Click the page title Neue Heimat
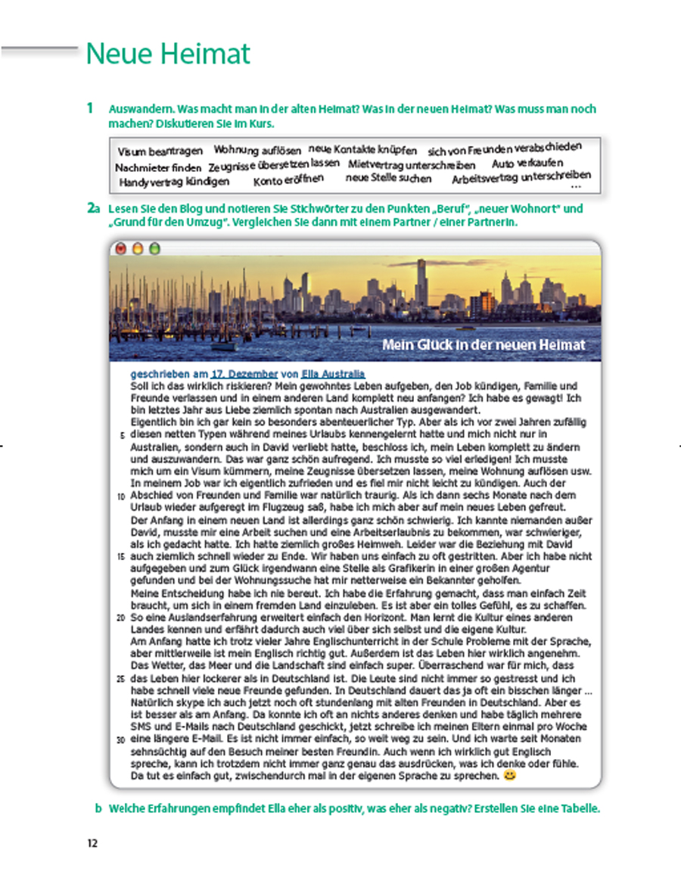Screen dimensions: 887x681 tap(167, 54)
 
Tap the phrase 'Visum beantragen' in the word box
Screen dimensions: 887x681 tap(160, 151)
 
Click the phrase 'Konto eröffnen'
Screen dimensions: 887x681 tap(288, 180)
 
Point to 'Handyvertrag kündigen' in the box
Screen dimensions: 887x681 tap(174, 182)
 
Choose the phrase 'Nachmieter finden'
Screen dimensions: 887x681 tap(158, 167)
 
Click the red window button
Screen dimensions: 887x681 tap(121, 247)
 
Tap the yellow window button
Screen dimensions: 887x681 tap(138, 247)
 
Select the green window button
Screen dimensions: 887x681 tap(154, 247)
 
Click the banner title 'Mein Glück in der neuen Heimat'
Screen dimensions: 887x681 tap(484, 345)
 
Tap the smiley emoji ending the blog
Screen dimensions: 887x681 tap(509, 777)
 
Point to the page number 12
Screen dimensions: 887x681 tap(92, 842)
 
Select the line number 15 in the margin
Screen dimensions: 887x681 tap(121, 557)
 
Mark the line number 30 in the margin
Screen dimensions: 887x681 tap(121, 739)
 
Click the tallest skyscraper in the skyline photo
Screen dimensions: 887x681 tap(421, 283)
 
